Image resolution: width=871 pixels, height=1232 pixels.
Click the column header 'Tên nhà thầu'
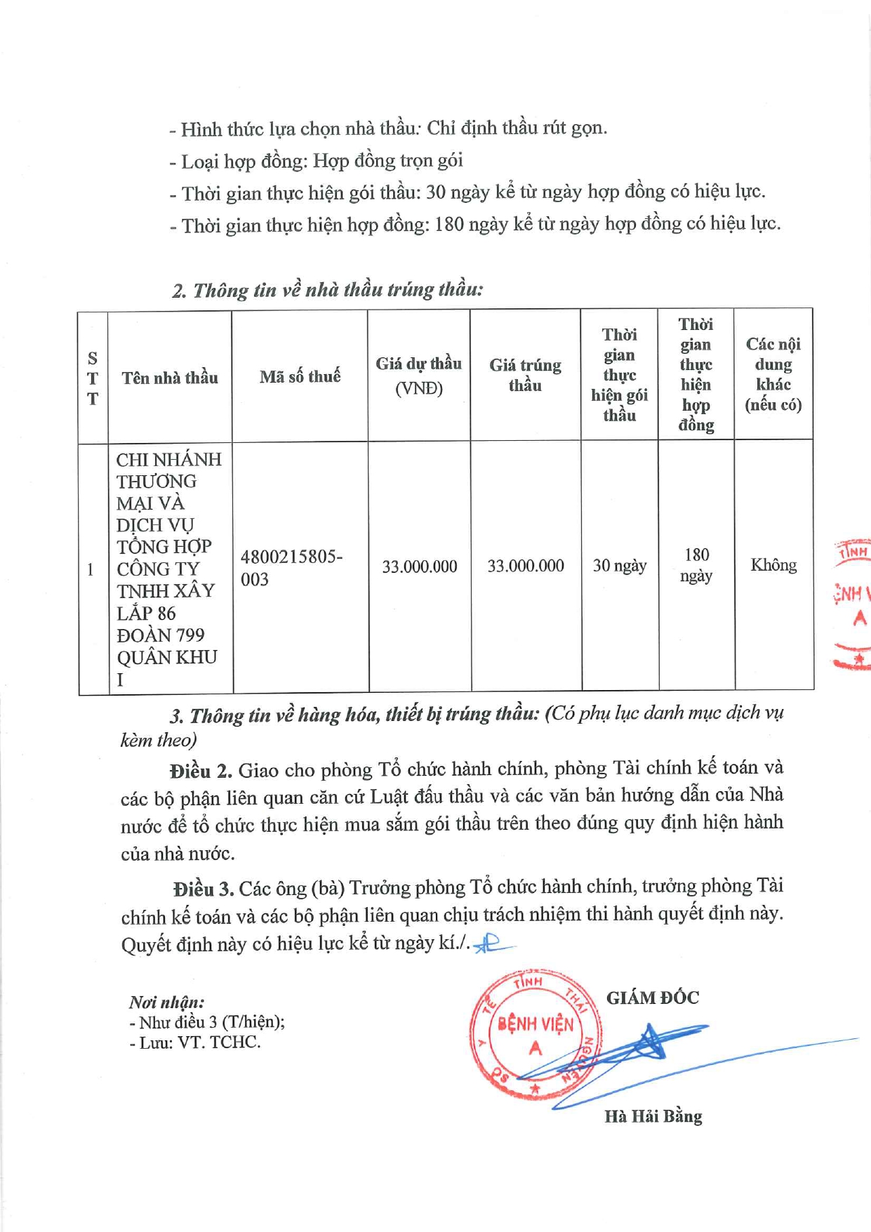pyautogui.click(x=170, y=378)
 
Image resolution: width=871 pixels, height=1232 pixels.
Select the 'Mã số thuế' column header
pyautogui.click(x=300, y=377)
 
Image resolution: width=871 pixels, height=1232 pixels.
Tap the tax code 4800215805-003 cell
pyautogui.click(x=291, y=567)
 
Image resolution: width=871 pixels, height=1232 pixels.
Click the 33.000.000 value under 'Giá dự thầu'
pyautogui.click(x=419, y=567)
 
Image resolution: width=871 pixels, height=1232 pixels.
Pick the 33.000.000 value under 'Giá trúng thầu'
pyautogui.click(x=526, y=566)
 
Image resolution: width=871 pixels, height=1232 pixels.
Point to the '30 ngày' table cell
pyautogui.click(x=619, y=566)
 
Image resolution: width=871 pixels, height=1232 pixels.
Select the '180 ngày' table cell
pyautogui.click(x=696, y=565)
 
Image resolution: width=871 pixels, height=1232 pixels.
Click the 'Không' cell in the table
pyautogui.click(x=773, y=565)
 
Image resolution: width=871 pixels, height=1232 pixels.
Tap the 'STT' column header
pyautogui.click(x=93, y=378)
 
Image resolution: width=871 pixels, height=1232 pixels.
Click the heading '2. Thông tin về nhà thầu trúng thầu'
pyautogui.click(x=328, y=290)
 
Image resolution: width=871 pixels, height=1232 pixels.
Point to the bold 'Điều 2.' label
pyautogui.click(x=201, y=771)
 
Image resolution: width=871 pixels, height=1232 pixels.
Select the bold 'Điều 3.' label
pyautogui.click(x=204, y=889)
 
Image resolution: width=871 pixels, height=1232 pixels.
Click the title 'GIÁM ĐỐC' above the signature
pyautogui.click(x=653, y=998)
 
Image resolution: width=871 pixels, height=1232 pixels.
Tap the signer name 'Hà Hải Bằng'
pyautogui.click(x=653, y=1116)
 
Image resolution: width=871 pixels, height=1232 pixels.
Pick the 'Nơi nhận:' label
pyautogui.click(x=167, y=1002)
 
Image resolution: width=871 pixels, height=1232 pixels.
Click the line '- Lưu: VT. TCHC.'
pyautogui.click(x=195, y=1042)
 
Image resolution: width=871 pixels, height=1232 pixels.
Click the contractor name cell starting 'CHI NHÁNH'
pyautogui.click(x=168, y=569)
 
